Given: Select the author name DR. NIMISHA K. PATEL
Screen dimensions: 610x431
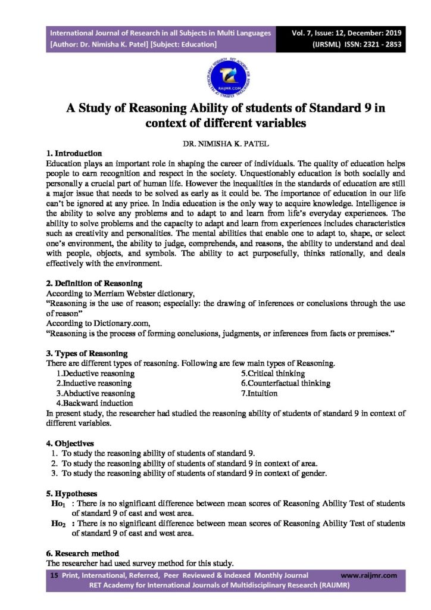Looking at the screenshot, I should (x=215, y=144).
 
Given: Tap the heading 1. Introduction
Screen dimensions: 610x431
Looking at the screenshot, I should (x=74, y=154).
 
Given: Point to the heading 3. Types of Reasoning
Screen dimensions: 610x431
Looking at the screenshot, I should (x=86, y=353).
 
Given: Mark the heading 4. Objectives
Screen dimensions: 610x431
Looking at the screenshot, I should (x=70, y=444).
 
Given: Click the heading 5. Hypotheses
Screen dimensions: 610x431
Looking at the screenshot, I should (x=72, y=494).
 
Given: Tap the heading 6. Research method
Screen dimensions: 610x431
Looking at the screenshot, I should (x=83, y=553).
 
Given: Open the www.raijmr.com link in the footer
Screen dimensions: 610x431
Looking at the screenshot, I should (x=369, y=575).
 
